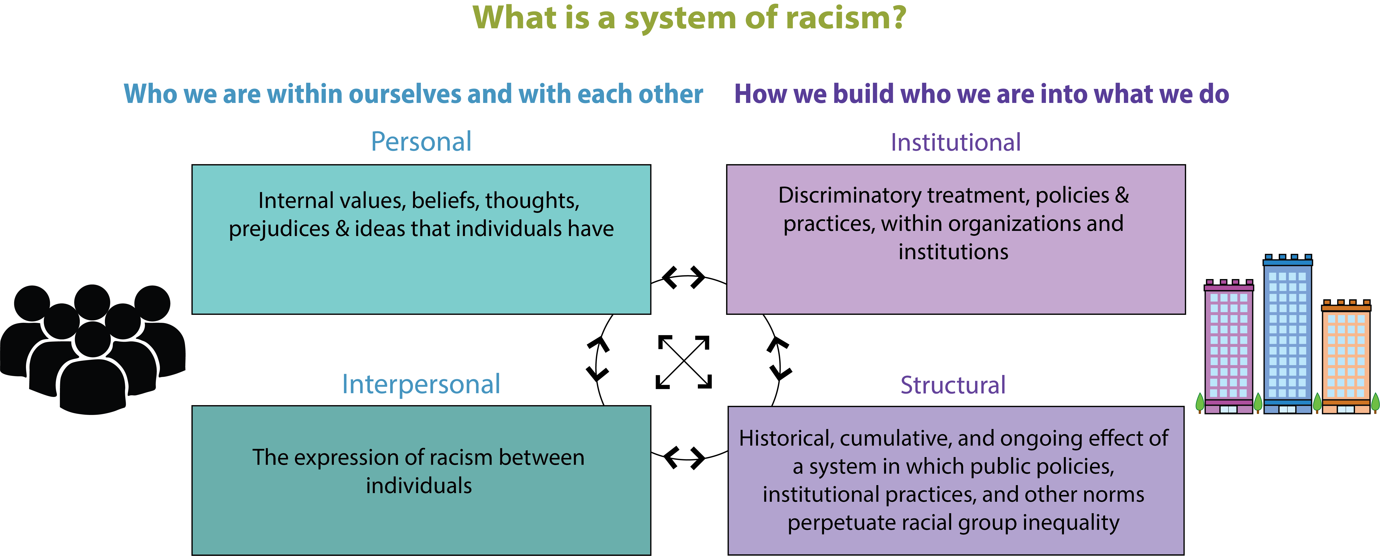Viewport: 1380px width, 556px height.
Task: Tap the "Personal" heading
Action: coord(421,142)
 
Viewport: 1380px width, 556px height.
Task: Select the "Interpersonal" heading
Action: coord(421,384)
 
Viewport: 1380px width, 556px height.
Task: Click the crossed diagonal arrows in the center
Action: coord(684,362)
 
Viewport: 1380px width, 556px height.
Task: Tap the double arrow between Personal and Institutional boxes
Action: coord(684,277)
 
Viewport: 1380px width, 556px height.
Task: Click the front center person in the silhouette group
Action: coord(93,374)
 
